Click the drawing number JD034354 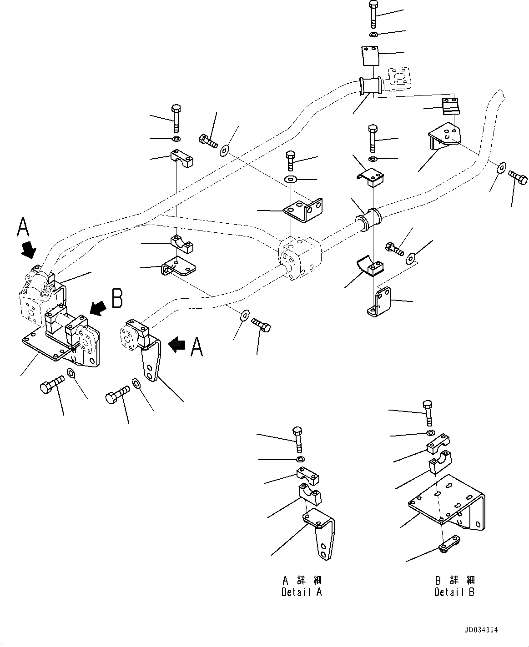pyautogui.click(x=481, y=631)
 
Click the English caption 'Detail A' pyautogui.click(x=302, y=592)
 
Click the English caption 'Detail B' pyautogui.click(x=455, y=592)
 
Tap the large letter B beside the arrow pyautogui.click(x=117, y=300)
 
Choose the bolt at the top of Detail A pyautogui.click(x=297, y=438)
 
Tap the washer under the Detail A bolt pyautogui.click(x=300, y=460)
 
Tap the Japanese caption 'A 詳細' pyautogui.click(x=302, y=581)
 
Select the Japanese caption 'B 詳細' pyautogui.click(x=455, y=581)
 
